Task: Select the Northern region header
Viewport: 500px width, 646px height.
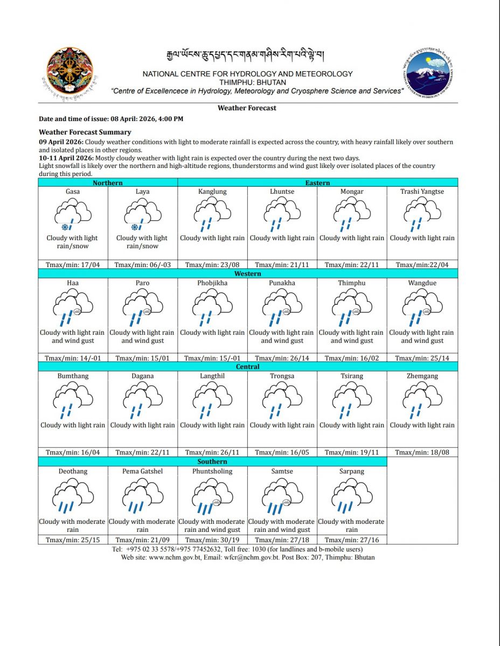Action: [x=108, y=182]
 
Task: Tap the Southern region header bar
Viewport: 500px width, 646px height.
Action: [x=212, y=461]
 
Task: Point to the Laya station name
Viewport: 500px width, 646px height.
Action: [x=143, y=192]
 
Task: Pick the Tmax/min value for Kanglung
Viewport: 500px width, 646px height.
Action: [x=212, y=264]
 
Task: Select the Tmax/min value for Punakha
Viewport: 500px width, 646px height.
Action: [x=282, y=358]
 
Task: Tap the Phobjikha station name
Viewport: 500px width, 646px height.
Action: [x=212, y=283]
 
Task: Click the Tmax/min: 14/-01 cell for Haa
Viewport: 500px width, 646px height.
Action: [x=72, y=358]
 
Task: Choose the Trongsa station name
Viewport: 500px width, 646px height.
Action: [x=282, y=376]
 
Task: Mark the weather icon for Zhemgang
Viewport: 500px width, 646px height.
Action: [x=422, y=402]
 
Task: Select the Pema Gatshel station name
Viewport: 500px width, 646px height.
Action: [x=143, y=471]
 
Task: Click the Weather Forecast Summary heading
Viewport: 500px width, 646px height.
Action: [x=85, y=132]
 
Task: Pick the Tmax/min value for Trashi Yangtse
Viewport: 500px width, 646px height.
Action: [x=422, y=264]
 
